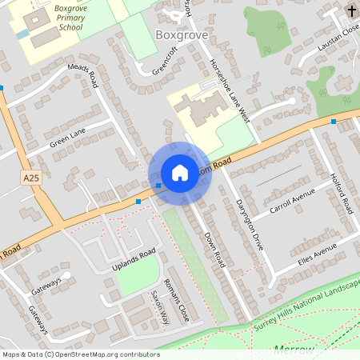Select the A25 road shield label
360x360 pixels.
coord(31,177)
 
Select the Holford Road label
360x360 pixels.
coord(341,193)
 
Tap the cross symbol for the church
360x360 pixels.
coord(353,11)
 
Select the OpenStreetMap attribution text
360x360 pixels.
coord(80,354)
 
